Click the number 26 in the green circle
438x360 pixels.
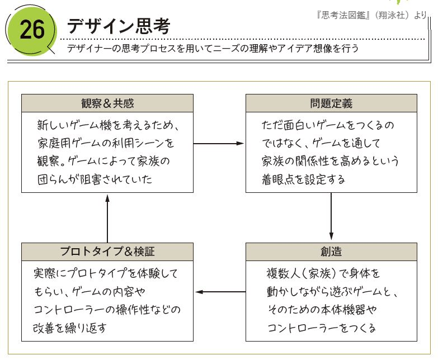(32, 30)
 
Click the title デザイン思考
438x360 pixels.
(118, 25)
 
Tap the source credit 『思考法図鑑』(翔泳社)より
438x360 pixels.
(371, 16)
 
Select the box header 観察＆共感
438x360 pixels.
(107, 103)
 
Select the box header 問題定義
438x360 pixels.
(331, 103)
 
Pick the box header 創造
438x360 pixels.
(331, 252)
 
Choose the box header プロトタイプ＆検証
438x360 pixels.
(107, 252)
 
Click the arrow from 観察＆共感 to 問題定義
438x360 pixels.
(219, 144)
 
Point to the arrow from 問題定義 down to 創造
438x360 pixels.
(331, 217)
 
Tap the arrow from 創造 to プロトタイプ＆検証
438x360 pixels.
(219, 292)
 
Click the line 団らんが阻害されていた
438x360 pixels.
(95, 179)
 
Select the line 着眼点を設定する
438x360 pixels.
(303, 179)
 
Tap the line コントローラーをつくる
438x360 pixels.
(322, 328)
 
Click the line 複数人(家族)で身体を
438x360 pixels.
(323, 274)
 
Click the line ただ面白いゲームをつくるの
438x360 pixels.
(328, 125)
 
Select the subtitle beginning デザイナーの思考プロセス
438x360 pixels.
(213, 49)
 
